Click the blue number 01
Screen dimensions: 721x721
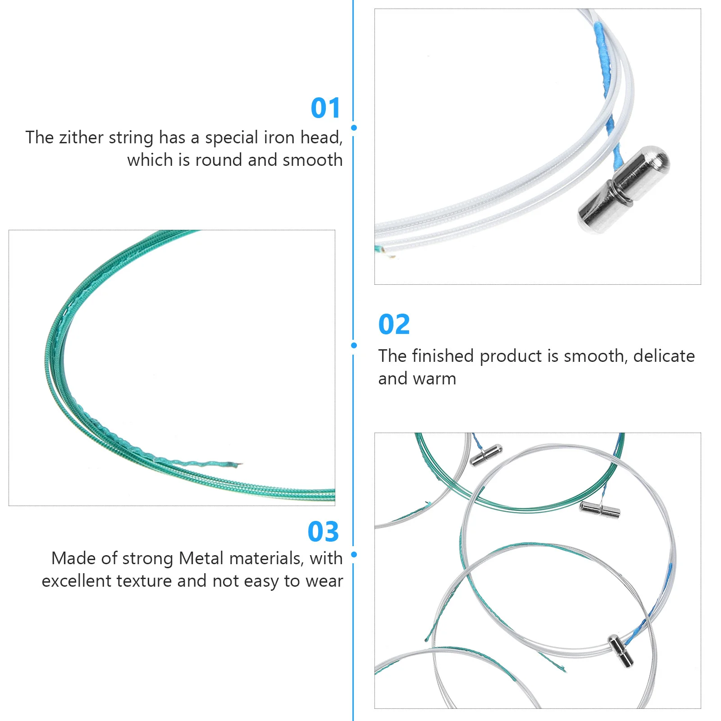325,108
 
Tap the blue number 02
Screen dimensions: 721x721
394,324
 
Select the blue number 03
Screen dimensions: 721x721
323,532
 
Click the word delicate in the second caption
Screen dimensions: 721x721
664,356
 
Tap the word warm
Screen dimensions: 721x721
436,379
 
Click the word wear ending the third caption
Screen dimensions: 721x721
324,581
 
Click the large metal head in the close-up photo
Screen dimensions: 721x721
624,189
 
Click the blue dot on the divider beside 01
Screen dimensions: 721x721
354,128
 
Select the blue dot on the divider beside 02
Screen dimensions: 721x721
354,345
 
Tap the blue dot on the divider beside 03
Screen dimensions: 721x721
354,554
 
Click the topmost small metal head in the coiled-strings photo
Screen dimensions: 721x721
486,455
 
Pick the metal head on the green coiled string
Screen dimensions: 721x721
600,509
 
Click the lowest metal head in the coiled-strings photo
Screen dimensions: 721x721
621,651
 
